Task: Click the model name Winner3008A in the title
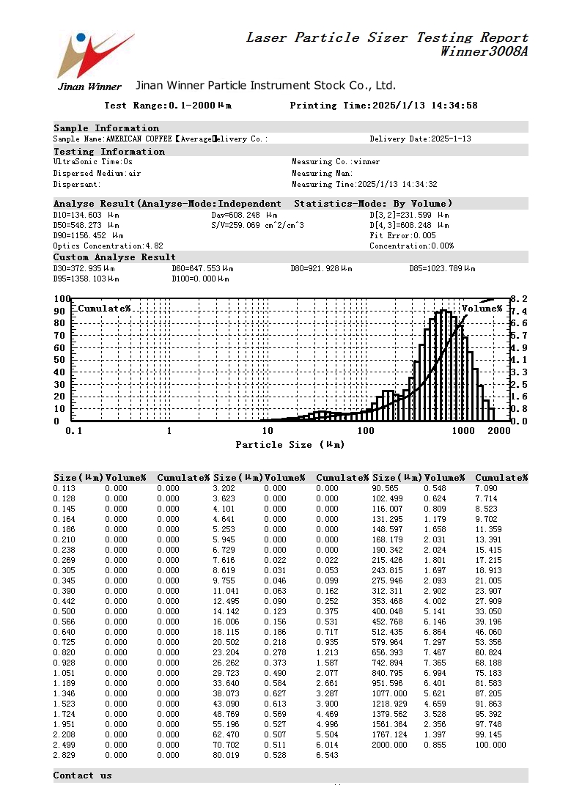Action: pyautogui.click(x=484, y=52)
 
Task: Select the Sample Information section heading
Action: pyautogui.click(x=106, y=128)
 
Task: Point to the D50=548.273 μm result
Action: pyautogui.click(x=86, y=226)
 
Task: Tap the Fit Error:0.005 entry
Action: pyautogui.click(x=402, y=236)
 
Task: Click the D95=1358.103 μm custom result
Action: pyautogui.click(x=86, y=279)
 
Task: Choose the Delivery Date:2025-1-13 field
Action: pyautogui.click(x=420, y=139)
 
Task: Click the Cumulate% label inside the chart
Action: pyautogui.click(x=104, y=309)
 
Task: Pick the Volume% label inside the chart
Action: pyautogui.click(x=482, y=309)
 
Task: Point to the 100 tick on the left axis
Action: pyautogui.click(x=62, y=299)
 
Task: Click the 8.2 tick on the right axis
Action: pyautogui.click(x=518, y=299)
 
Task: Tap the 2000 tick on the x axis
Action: pyautogui.click(x=498, y=431)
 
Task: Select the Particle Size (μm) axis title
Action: pyautogui.click(x=290, y=445)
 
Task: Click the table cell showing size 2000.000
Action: pyautogui.click(x=389, y=745)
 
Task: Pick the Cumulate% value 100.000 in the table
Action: pyautogui.click(x=490, y=745)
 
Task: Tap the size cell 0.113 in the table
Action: pyautogui.click(x=64, y=488)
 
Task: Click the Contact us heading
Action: pyautogui.click(x=82, y=775)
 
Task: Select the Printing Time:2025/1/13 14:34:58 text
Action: pyautogui.click(x=383, y=106)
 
